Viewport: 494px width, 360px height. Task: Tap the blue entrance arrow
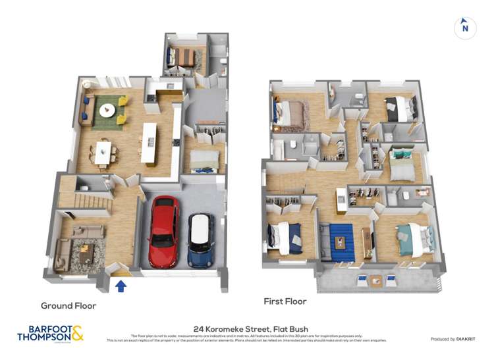click(x=121, y=286)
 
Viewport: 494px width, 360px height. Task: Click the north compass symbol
click(x=465, y=28)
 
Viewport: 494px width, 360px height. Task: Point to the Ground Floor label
click(x=69, y=305)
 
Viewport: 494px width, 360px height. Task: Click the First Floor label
click(x=285, y=301)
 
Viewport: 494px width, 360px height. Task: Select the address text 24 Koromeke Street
click(x=251, y=329)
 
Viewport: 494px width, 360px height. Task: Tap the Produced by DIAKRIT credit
click(x=453, y=340)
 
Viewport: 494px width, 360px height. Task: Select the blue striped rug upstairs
click(x=341, y=242)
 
